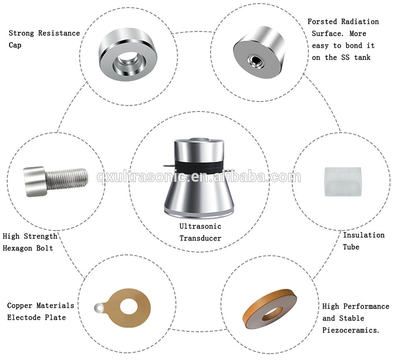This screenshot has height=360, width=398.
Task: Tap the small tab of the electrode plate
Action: (98, 307)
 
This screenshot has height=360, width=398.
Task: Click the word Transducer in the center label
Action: (198, 238)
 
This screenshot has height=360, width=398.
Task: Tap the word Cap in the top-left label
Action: (15, 45)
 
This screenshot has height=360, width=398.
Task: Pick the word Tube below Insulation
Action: (351, 247)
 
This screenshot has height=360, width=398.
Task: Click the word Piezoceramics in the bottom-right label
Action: (351, 330)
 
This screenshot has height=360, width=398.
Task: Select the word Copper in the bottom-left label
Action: (21, 306)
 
